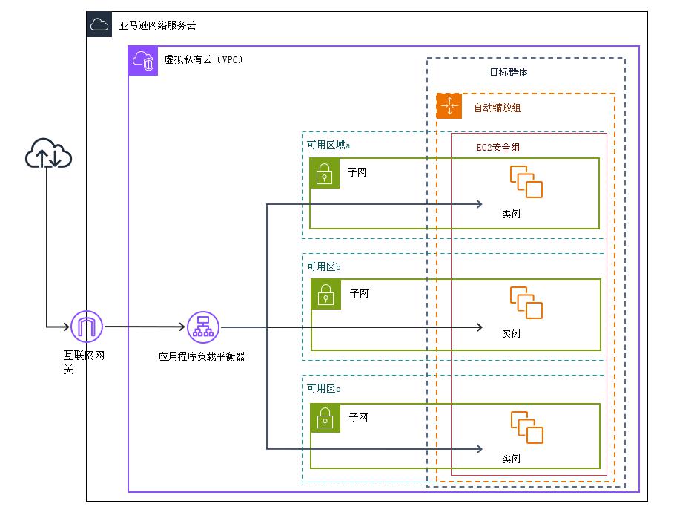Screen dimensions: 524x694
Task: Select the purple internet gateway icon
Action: tap(86, 326)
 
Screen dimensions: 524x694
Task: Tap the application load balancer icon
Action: tap(202, 327)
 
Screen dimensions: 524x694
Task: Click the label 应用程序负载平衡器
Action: tap(202, 356)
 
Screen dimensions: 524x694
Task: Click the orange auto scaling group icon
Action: tap(449, 107)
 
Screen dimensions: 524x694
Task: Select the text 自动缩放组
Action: tap(498, 108)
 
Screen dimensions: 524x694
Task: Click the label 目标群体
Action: tap(508, 73)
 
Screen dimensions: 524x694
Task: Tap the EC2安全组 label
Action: tap(498, 148)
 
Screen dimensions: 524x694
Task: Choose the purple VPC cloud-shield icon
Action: tap(143, 62)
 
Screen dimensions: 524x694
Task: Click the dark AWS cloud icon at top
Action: tap(99, 25)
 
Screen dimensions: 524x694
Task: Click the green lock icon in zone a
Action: tap(325, 174)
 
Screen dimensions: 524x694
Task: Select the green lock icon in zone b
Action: tap(325, 295)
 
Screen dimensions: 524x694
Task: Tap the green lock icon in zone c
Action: tap(325, 418)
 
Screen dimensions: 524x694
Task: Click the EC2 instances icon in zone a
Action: tap(526, 183)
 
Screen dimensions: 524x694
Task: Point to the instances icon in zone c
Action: tap(526, 428)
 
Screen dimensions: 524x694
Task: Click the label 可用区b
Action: tap(324, 266)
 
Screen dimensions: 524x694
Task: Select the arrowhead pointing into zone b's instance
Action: tap(480, 327)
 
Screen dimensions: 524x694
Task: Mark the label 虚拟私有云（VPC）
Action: tap(203, 60)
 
